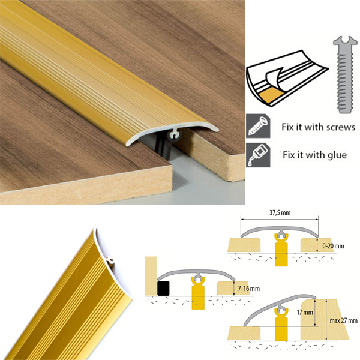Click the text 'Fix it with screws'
pyautogui.click(x=319, y=127)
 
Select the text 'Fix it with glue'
pyautogui.click(x=314, y=154)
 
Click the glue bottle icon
pyautogui.click(x=255, y=154)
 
